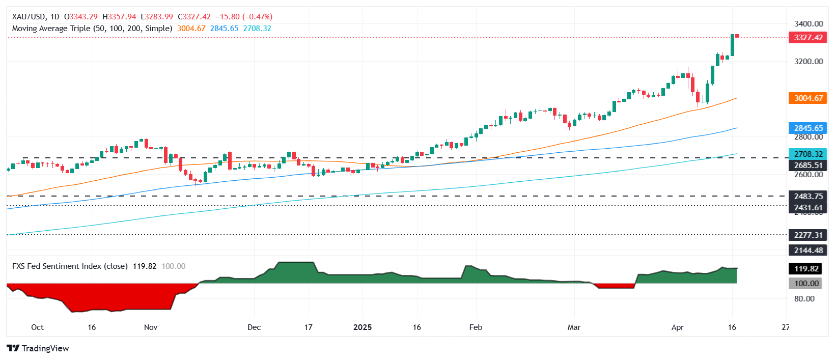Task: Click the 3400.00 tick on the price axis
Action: point(809,24)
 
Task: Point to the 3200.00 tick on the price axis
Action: point(809,62)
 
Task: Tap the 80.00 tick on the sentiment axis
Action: point(804,299)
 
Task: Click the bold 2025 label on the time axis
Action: point(363,327)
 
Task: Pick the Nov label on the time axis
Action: point(151,327)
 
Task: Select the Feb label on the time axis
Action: point(476,327)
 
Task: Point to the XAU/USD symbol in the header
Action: point(29,17)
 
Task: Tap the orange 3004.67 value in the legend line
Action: point(191,29)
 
